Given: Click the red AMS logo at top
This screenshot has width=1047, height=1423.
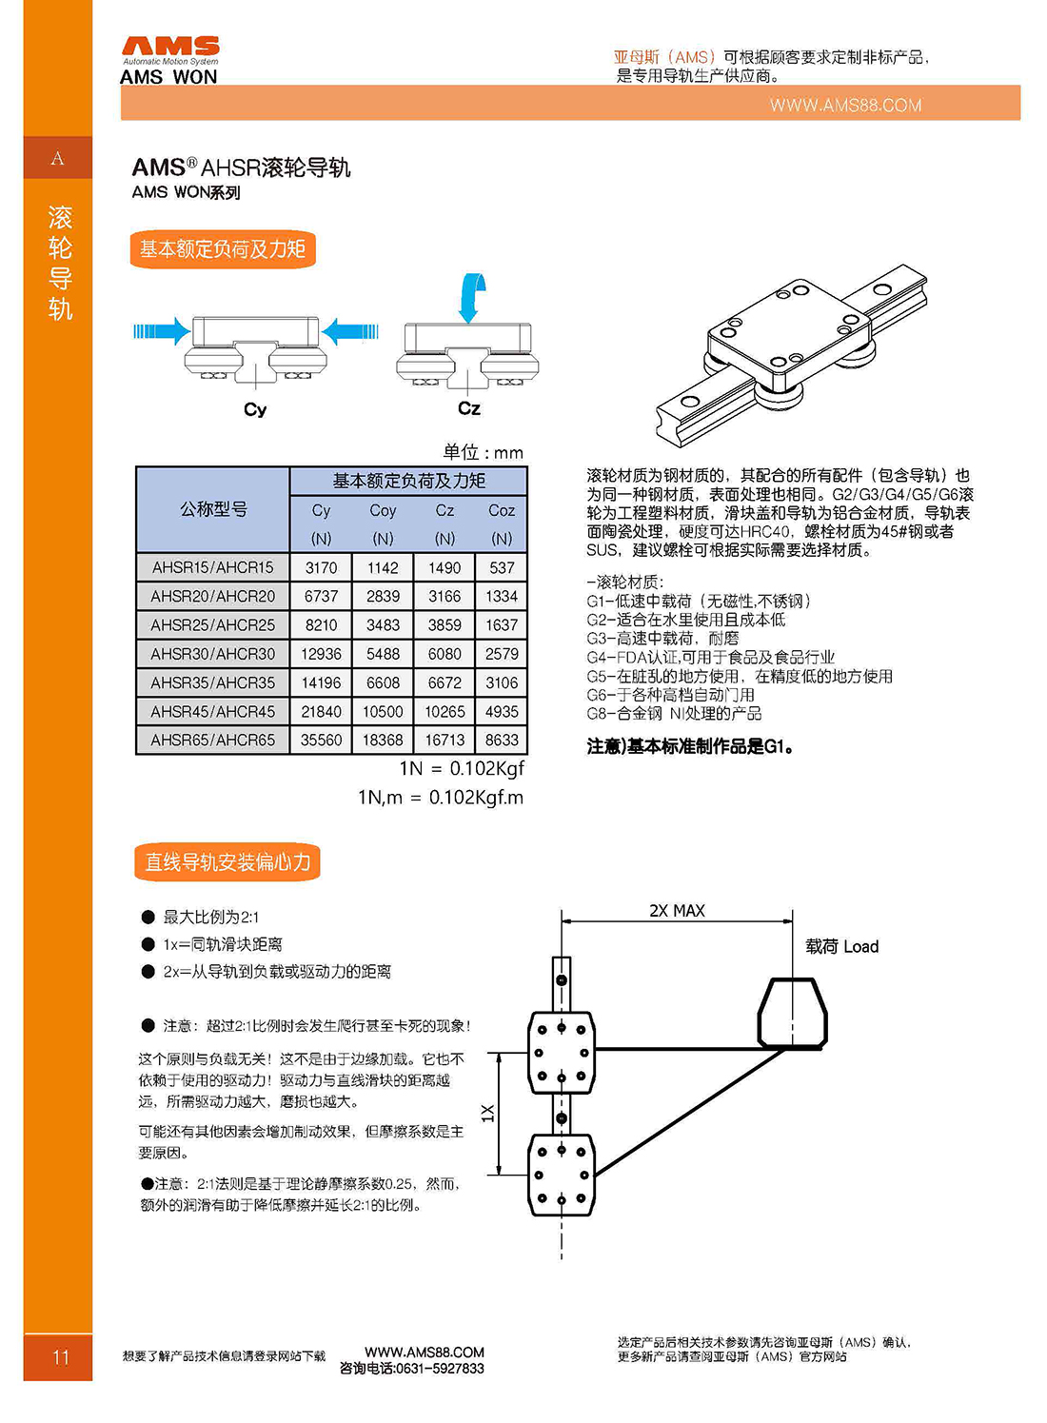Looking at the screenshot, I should pos(170,47).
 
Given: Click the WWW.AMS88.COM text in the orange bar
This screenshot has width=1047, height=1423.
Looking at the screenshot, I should pos(845,105).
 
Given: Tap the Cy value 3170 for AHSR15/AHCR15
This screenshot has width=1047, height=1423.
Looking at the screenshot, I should pos(321,567).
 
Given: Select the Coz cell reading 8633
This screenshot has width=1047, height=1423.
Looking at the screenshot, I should pos(502,740).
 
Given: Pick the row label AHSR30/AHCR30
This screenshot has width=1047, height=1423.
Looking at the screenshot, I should pos(212,654).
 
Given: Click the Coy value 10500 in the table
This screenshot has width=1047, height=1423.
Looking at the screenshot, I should pos(383,711).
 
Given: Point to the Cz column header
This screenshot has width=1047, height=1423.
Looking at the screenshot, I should pos(444,511).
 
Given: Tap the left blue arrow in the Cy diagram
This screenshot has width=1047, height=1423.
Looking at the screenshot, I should pos(161,331).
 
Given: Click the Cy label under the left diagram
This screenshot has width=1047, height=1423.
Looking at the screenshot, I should pos(255,409).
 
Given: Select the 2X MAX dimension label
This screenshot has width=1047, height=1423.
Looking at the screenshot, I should pos(677,911).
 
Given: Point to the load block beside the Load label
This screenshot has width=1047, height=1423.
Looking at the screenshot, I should pos(792,1013).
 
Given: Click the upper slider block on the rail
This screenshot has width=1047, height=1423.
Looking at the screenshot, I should pos(562,1052).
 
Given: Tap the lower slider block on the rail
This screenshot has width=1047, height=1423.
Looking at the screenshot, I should pos(562,1175).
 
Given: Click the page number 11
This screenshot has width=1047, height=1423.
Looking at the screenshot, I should pos(61,1357).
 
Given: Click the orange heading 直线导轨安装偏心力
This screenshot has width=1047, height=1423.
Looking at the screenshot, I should pos(227,862).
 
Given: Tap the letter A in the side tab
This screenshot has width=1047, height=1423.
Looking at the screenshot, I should pos(58,158).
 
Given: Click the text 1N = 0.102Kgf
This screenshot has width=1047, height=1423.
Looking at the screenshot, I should pos(462,768).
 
